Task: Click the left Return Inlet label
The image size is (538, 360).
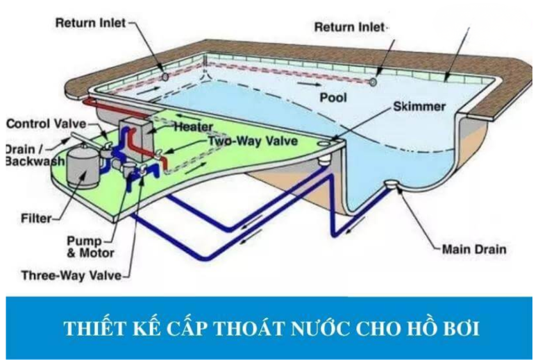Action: click(90, 23)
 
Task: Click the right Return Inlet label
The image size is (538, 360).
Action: click(350, 27)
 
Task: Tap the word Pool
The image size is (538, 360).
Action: click(333, 98)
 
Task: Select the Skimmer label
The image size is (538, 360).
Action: click(419, 106)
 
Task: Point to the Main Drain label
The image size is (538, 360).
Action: click(474, 249)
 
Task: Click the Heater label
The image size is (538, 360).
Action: click(193, 127)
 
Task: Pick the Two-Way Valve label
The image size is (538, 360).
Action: click(253, 141)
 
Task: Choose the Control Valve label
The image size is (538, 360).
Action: click(47, 123)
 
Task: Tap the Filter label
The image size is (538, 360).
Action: click(36, 218)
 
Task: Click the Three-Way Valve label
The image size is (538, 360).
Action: click(72, 275)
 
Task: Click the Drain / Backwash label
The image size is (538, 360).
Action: click(35, 155)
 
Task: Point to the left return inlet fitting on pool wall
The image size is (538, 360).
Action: click(165, 77)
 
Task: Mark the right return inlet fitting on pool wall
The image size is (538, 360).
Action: click(373, 83)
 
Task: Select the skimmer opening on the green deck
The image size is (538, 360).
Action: click(323, 144)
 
